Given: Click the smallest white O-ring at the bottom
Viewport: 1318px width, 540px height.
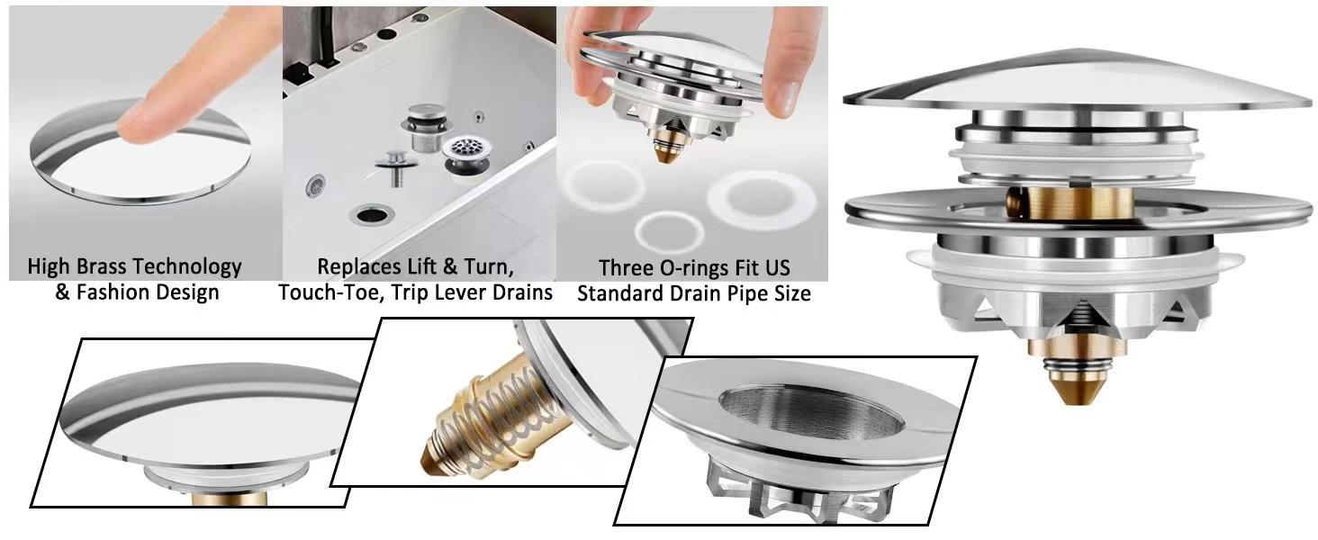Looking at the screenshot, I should (x=669, y=231).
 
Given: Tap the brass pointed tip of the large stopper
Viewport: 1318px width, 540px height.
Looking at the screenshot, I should (x=1070, y=387).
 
